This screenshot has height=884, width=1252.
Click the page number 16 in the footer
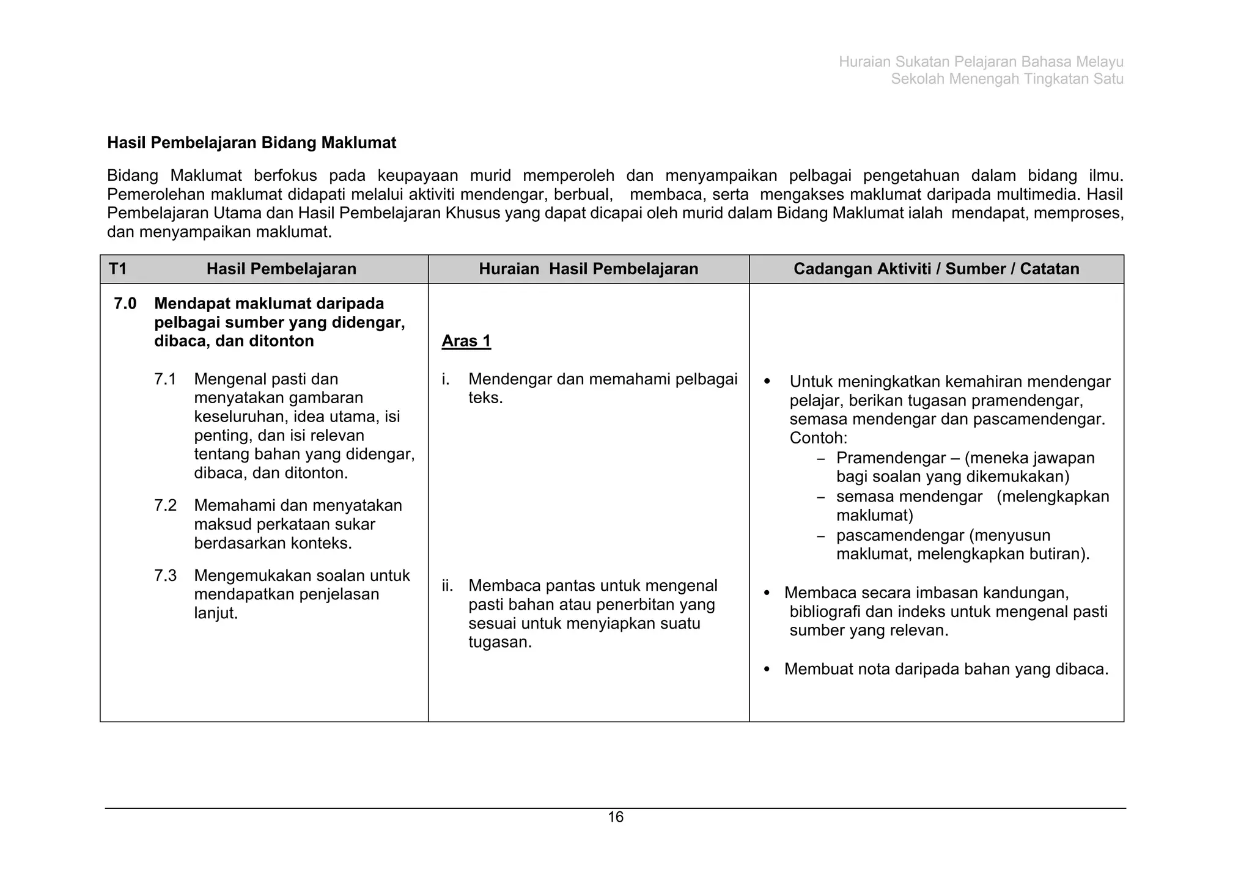pyautogui.click(x=615, y=817)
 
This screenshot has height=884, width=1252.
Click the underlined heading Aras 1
pyautogui.click(x=466, y=341)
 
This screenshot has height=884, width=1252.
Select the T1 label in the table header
pyautogui.click(x=117, y=269)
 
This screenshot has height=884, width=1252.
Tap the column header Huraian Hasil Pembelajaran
pyautogui.click(x=588, y=269)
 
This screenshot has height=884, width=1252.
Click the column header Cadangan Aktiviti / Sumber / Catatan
pyautogui.click(x=936, y=269)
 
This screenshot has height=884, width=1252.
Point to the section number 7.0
pyautogui.click(x=125, y=304)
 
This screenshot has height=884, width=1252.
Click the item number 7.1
pyautogui.click(x=165, y=379)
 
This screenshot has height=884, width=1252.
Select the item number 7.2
pyautogui.click(x=165, y=506)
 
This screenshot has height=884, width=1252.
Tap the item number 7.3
pyautogui.click(x=165, y=576)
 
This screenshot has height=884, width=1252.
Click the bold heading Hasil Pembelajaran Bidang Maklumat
pyautogui.click(x=251, y=143)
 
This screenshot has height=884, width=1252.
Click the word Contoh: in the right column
pyautogui.click(x=818, y=438)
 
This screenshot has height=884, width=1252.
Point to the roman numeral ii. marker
pyautogui.click(x=447, y=586)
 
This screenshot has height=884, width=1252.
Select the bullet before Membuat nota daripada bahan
pyautogui.click(x=767, y=670)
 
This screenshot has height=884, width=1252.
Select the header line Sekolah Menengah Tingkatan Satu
pyautogui.click(x=1007, y=79)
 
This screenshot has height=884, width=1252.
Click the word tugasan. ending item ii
pyautogui.click(x=500, y=643)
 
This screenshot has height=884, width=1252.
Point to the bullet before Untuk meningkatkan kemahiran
pyautogui.click(x=768, y=382)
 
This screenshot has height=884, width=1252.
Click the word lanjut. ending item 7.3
pyautogui.click(x=216, y=613)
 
